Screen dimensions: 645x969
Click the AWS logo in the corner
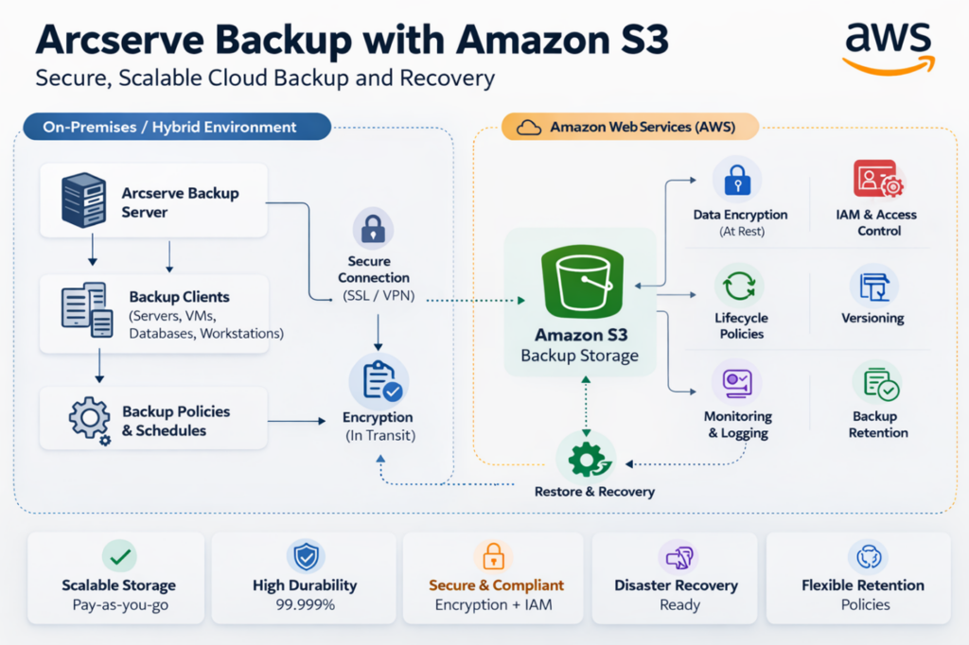pyautogui.click(x=887, y=46)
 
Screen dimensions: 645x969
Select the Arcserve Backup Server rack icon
pyautogui.click(x=83, y=200)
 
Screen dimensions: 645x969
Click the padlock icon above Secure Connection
pyautogui.click(x=373, y=229)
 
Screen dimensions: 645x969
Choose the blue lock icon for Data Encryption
pyautogui.click(x=736, y=180)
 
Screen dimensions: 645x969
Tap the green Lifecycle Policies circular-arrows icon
pyautogui.click(x=738, y=285)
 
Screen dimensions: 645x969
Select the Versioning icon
pyautogui.click(x=872, y=285)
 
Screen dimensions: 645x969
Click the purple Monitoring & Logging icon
pyautogui.click(x=736, y=382)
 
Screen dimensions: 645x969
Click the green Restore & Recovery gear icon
pyautogui.click(x=585, y=459)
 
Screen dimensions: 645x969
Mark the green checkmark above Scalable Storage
pyautogui.click(x=119, y=557)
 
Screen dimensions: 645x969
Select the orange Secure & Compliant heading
pyautogui.click(x=496, y=585)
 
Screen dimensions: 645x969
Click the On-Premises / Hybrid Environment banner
pyautogui.click(x=170, y=127)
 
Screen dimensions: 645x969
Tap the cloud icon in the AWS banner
pyautogui.click(x=529, y=127)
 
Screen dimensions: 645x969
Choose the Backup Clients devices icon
pyautogui.click(x=86, y=308)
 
